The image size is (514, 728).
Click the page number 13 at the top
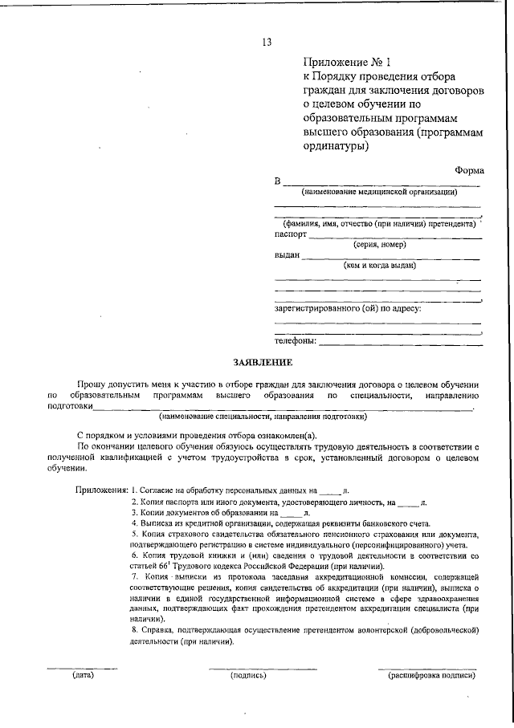[267, 43]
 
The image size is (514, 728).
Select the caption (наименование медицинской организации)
[379, 193]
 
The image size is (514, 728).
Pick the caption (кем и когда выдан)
[379, 265]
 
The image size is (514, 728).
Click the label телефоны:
[296, 341]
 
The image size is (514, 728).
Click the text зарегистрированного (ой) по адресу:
[348, 307]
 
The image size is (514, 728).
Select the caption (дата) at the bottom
[83, 675]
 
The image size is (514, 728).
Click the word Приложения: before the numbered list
[102, 489]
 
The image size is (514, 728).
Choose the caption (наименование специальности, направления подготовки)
[263, 417]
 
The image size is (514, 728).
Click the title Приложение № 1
[345, 62]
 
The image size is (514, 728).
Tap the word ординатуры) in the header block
[337, 147]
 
